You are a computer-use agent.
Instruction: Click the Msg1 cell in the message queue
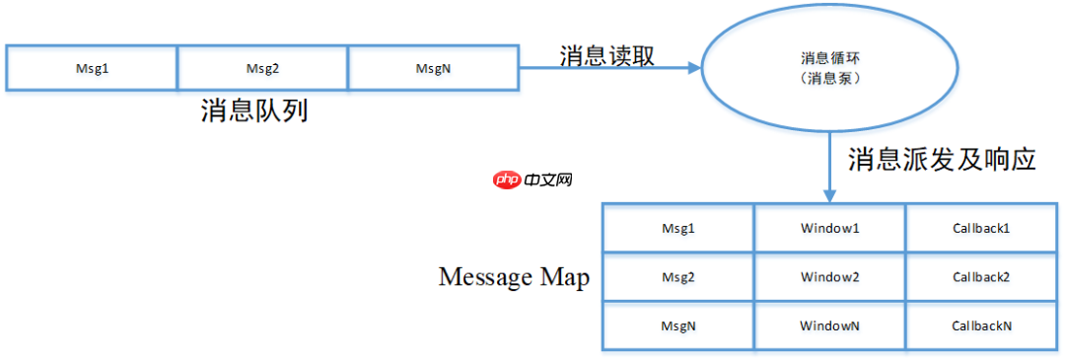pyautogui.click(x=92, y=68)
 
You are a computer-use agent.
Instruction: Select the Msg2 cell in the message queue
pyautogui.click(x=263, y=68)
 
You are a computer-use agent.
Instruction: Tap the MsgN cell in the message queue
pyautogui.click(x=434, y=68)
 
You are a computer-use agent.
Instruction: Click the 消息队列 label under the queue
pyautogui.click(x=254, y=109)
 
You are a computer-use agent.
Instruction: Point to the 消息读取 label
pyautogui.click(x=606, y=55)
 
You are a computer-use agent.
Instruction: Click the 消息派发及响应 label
pyautogui.click(x=942, y=159)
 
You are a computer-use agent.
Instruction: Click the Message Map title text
pyautogui.click(x=514, y=277)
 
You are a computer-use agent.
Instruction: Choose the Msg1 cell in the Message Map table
pyautogui.click(x=677, y=228)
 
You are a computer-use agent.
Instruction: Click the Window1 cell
pyautogui.click(x=829, y=228)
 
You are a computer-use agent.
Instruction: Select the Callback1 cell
pyautogui.click(x=980, y=228)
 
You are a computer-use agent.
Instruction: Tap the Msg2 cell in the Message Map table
pyautogui.click(x=677, y=277)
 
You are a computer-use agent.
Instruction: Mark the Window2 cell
pyautogui.click(x=829, y=277)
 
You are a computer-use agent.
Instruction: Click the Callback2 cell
pyautogui.click(x=980, y=277)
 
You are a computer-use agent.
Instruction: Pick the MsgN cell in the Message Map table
pyautogui.click(x=677, y=324)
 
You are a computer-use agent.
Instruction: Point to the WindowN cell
pyautogui.click(x=829, y=324)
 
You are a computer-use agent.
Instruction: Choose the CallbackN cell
pyautogui.click(x=980, y=324)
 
